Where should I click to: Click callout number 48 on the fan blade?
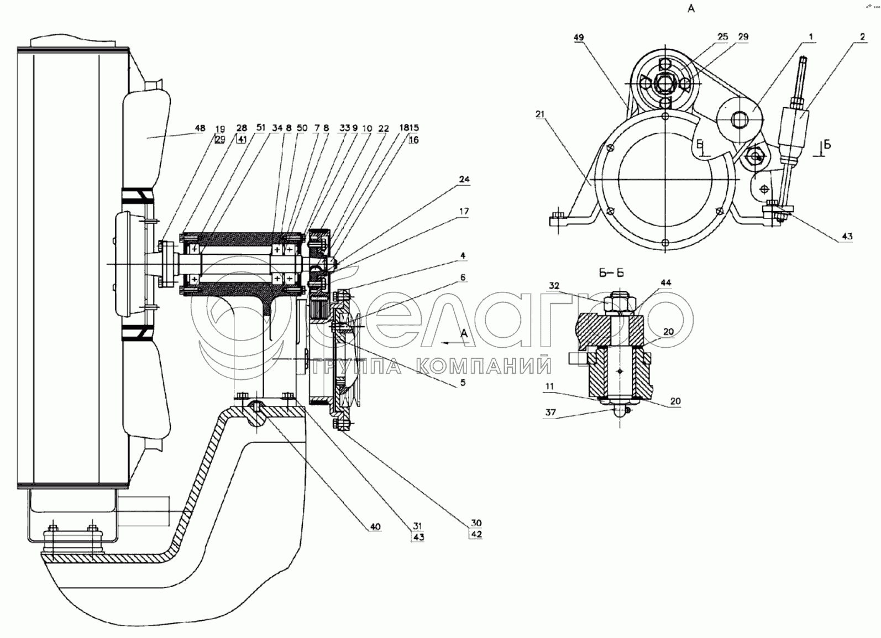click(200, 129)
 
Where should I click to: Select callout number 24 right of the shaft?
click(464, 180)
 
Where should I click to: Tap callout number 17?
click(464, 211)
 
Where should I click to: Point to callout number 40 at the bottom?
click(375, 527)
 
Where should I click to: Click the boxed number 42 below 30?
click(476, 535)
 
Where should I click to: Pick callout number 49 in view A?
click(579, 38)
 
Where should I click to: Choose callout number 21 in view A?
click(540, 114)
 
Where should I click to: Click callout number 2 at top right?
click(862, 38)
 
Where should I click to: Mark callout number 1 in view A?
click(810, 38)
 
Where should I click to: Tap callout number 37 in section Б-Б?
click(550, 412)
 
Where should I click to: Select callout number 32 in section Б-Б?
click(554, 286)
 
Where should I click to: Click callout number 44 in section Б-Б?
click(665, 283)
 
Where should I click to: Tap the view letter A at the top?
click(690, 8)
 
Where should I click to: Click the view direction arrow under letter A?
click(455, 343)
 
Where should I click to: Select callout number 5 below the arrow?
click(463, 383)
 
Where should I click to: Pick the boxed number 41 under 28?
click(242, 140)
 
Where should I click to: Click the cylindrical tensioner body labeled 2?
click(796, 128)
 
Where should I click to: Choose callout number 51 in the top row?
click(260, 128)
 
